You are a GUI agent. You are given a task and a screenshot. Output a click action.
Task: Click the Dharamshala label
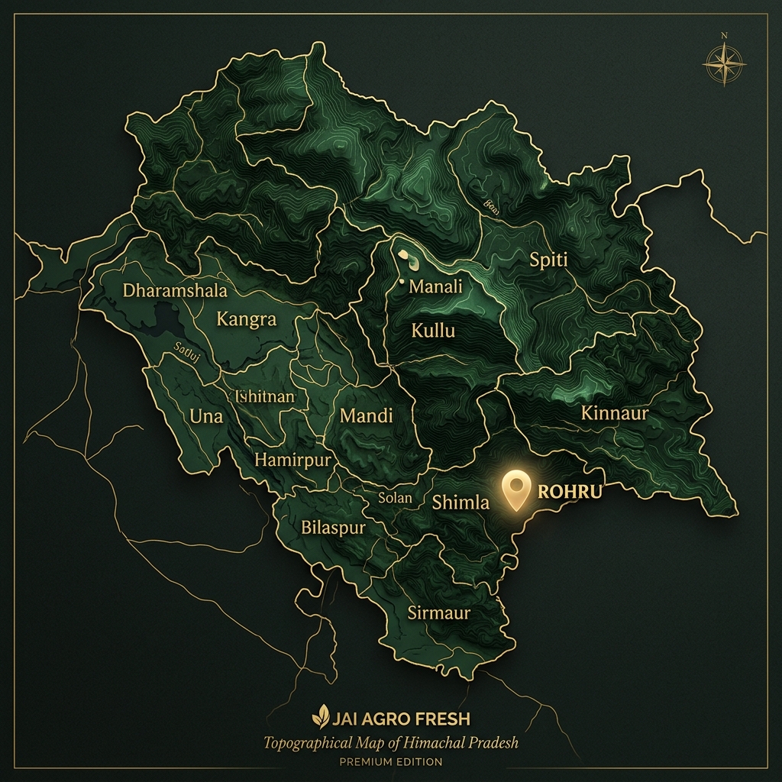[175, 291]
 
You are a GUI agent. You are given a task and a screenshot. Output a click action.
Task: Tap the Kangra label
[246, 319]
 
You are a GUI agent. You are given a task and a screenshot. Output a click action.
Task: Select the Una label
[205, 416]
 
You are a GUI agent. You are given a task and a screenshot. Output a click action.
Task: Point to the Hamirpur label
[292, 460]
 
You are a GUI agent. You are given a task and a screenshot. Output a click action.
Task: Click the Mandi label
[366, 416]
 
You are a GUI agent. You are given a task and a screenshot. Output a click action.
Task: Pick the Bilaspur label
[333, 528]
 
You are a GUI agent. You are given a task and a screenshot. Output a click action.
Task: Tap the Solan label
[395, 498]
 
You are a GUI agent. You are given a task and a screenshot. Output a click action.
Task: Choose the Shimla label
[460, 502]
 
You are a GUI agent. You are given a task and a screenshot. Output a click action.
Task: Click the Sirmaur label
[438, 612]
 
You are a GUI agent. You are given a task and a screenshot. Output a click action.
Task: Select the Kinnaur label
[614, 414]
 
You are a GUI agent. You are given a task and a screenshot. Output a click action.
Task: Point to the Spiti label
[548, 260]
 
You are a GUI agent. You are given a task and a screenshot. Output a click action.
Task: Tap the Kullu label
[433, 331]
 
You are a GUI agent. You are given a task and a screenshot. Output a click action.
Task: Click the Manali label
[436, 287]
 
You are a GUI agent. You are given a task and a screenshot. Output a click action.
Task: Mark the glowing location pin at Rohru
[516, 489]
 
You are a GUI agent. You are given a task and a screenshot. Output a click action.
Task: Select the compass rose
[723, 63]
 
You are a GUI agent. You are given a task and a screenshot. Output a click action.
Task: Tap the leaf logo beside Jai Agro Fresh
[320, 718]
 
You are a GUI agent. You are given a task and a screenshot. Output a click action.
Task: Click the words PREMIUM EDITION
[391, 761]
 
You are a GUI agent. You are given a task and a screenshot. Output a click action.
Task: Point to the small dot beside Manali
[402, 283]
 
